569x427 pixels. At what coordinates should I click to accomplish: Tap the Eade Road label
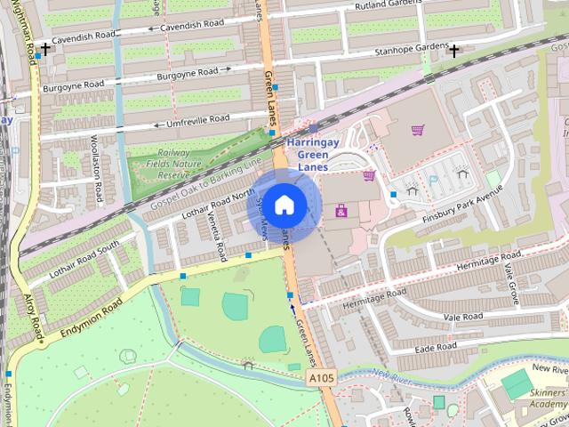[435, 346]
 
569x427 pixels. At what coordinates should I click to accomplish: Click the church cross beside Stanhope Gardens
[454, 51]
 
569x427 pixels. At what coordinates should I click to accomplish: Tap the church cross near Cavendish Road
[45, 49]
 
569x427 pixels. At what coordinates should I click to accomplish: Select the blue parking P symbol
[433, 179]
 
